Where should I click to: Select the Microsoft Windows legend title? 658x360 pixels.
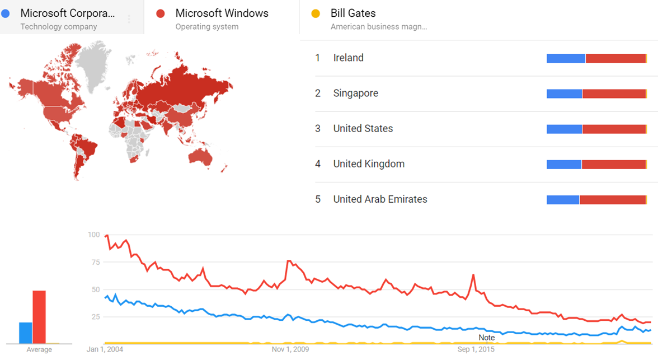[x=222, y=13]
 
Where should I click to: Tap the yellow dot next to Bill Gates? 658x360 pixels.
[x=316, y=13]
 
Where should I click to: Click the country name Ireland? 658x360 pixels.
[x=348, y=58]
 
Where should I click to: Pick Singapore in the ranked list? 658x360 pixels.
[x=355, y=93]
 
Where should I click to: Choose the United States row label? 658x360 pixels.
[x=363, y=128]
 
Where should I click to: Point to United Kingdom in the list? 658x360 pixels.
[x=368, y=164]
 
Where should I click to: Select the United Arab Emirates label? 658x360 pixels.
[x=380, y=199]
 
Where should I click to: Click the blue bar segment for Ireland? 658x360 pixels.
[x=566, y=58]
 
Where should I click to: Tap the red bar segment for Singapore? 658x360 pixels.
[x=614, y=93]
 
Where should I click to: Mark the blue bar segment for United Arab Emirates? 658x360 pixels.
[x=562, y=200]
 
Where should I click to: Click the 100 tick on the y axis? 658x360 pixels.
[x=93, y=235]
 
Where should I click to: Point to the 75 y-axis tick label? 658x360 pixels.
[x=95, y=262]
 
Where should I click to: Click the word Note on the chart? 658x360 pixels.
[x=486, y=338]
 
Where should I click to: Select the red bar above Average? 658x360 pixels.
[x=39, y=316]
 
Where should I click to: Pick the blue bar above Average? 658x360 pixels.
[x=26, y=333]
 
